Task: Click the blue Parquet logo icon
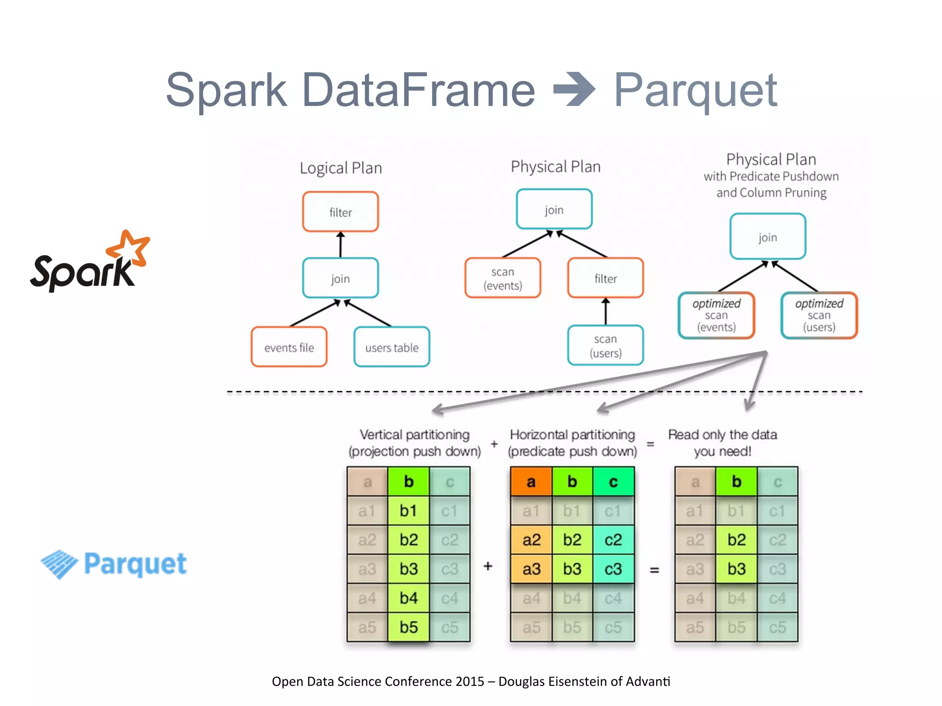point(59,564)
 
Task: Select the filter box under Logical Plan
point(340,212)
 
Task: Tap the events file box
point(289,347)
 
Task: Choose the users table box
point(391,347)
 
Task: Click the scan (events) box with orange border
point(502,278)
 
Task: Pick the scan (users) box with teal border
point(605,346)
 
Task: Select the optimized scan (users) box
point(819,315)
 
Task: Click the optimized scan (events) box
point(716,315)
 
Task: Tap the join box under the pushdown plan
point(768,237)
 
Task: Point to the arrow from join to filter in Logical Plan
point(340,245)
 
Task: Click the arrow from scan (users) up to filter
point(605,312)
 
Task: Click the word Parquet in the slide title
point(695,90)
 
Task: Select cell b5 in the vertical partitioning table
point(408,627)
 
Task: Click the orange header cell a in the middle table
point(531,482)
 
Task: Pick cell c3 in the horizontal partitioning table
point(613,569)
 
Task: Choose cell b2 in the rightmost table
point(736,540)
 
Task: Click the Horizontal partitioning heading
point(572,434)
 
